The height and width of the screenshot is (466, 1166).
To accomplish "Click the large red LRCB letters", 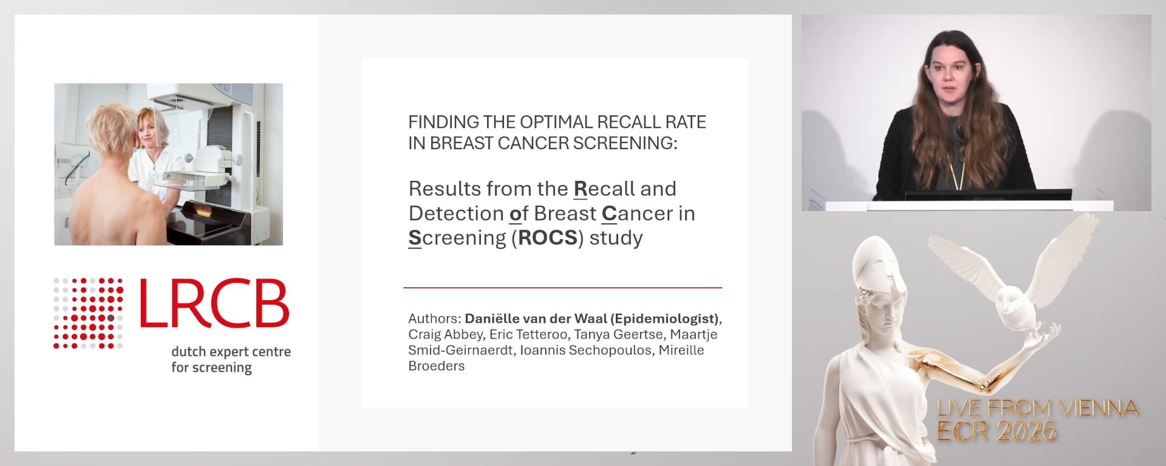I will (214, 303).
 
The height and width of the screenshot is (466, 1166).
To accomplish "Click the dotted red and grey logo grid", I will (89, 313).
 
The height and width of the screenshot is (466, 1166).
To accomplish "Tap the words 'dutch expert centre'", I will (231, 352).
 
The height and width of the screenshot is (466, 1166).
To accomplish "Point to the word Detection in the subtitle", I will (456, 214).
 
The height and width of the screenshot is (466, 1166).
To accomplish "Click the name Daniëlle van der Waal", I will (536, 319).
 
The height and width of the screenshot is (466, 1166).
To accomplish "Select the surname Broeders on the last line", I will (436, 366).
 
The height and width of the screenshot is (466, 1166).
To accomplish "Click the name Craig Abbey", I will (446, 334).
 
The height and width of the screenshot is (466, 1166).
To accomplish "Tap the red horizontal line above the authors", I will (562, 288).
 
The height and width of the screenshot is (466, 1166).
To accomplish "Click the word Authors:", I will (434, 319).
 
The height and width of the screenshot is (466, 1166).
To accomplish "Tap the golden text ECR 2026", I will (996, 431).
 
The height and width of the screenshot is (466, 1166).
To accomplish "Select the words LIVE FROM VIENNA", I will (1037, 408).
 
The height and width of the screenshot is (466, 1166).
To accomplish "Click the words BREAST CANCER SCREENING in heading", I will (553, 143).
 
